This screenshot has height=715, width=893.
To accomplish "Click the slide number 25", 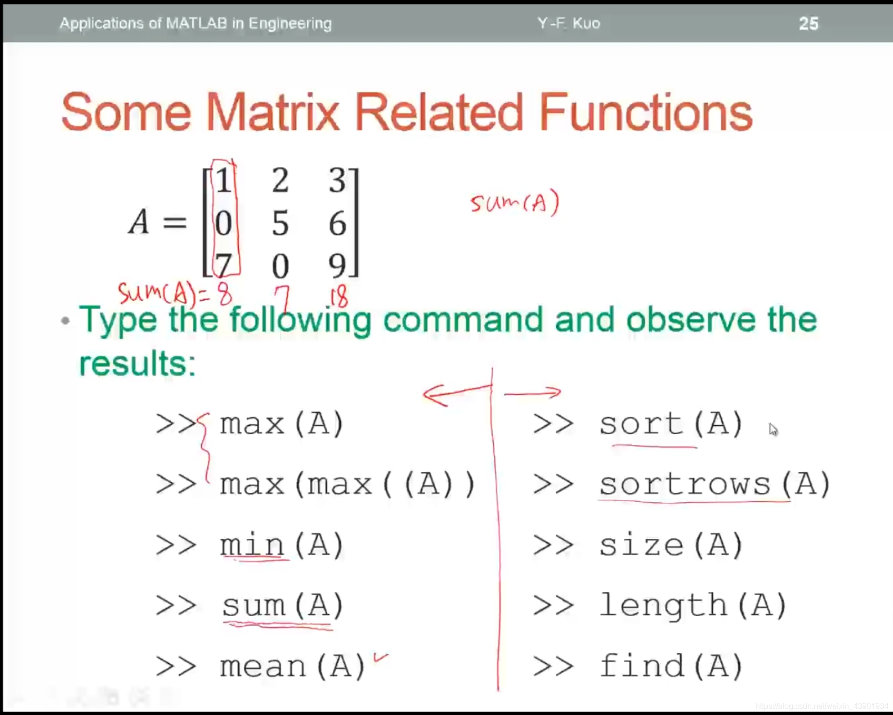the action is click(x=808, y=23).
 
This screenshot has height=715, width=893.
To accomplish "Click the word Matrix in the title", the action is click(x=272, y=112).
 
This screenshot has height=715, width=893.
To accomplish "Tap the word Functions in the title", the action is click(x=646, y=112).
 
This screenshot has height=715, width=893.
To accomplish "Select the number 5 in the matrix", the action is click(x=280, y=223).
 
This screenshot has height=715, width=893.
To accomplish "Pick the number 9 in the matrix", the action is click(x=337, y=266).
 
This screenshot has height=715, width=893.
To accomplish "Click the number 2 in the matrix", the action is click(x=280, y=180).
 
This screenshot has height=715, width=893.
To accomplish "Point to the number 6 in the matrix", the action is click(x=337, y=223).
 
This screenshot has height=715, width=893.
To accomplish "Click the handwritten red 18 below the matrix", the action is click(x=339, y=296).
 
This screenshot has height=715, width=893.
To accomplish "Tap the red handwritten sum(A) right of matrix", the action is click(x=514, y=202).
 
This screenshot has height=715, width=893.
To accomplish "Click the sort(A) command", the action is click(x=671, y=424).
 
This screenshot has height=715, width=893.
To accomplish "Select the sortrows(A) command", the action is click(x=715, y=484).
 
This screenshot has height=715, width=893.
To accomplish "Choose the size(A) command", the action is click(x=671, y=545).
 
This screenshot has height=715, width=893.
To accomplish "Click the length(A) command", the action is click(x=693, y=605).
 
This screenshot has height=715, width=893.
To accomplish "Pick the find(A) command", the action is click(x=671, y=666).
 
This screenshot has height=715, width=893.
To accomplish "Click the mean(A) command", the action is click(x=293, y=666).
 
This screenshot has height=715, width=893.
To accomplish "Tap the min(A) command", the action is click(x=282, y=545).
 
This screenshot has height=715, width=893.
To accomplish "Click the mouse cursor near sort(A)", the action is click(x=773, y=430).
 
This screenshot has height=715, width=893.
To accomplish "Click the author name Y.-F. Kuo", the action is click(x=569, y=23).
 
